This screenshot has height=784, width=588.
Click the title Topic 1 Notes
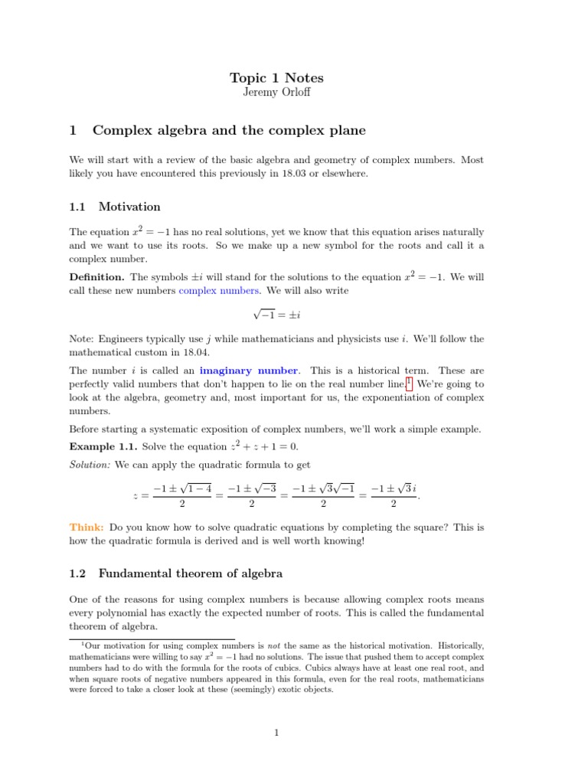[277, 78]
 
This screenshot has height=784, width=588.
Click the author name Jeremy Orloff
[277, 93]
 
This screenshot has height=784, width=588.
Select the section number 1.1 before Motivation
[80, 207]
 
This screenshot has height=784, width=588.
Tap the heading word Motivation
[129, 207]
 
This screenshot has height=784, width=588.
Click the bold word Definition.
[96, 276]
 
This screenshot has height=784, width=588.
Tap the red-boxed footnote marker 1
[409, 382]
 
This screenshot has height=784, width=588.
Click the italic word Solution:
[90, 465]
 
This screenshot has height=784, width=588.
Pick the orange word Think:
[87, 528]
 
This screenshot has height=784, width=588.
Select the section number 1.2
[80, 573]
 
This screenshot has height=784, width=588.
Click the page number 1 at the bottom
[277, 733]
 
